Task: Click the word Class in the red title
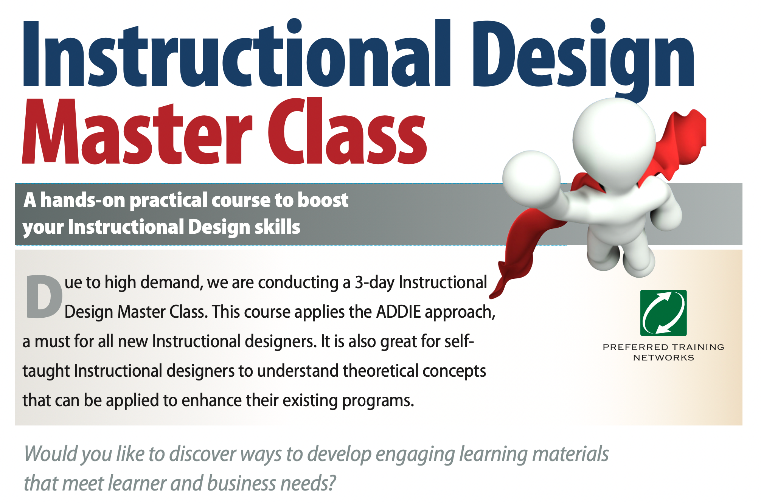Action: pos(347,131)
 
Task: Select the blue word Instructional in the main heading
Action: pos(237,53)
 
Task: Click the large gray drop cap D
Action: pos(44,297)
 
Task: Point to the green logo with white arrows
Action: pos(663,313)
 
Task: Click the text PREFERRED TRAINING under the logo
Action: pos(663,347)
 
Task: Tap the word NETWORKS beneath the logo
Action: pos(663,358)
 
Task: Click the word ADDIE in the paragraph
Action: pos(399,312)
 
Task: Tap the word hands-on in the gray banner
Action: pos(82,200)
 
